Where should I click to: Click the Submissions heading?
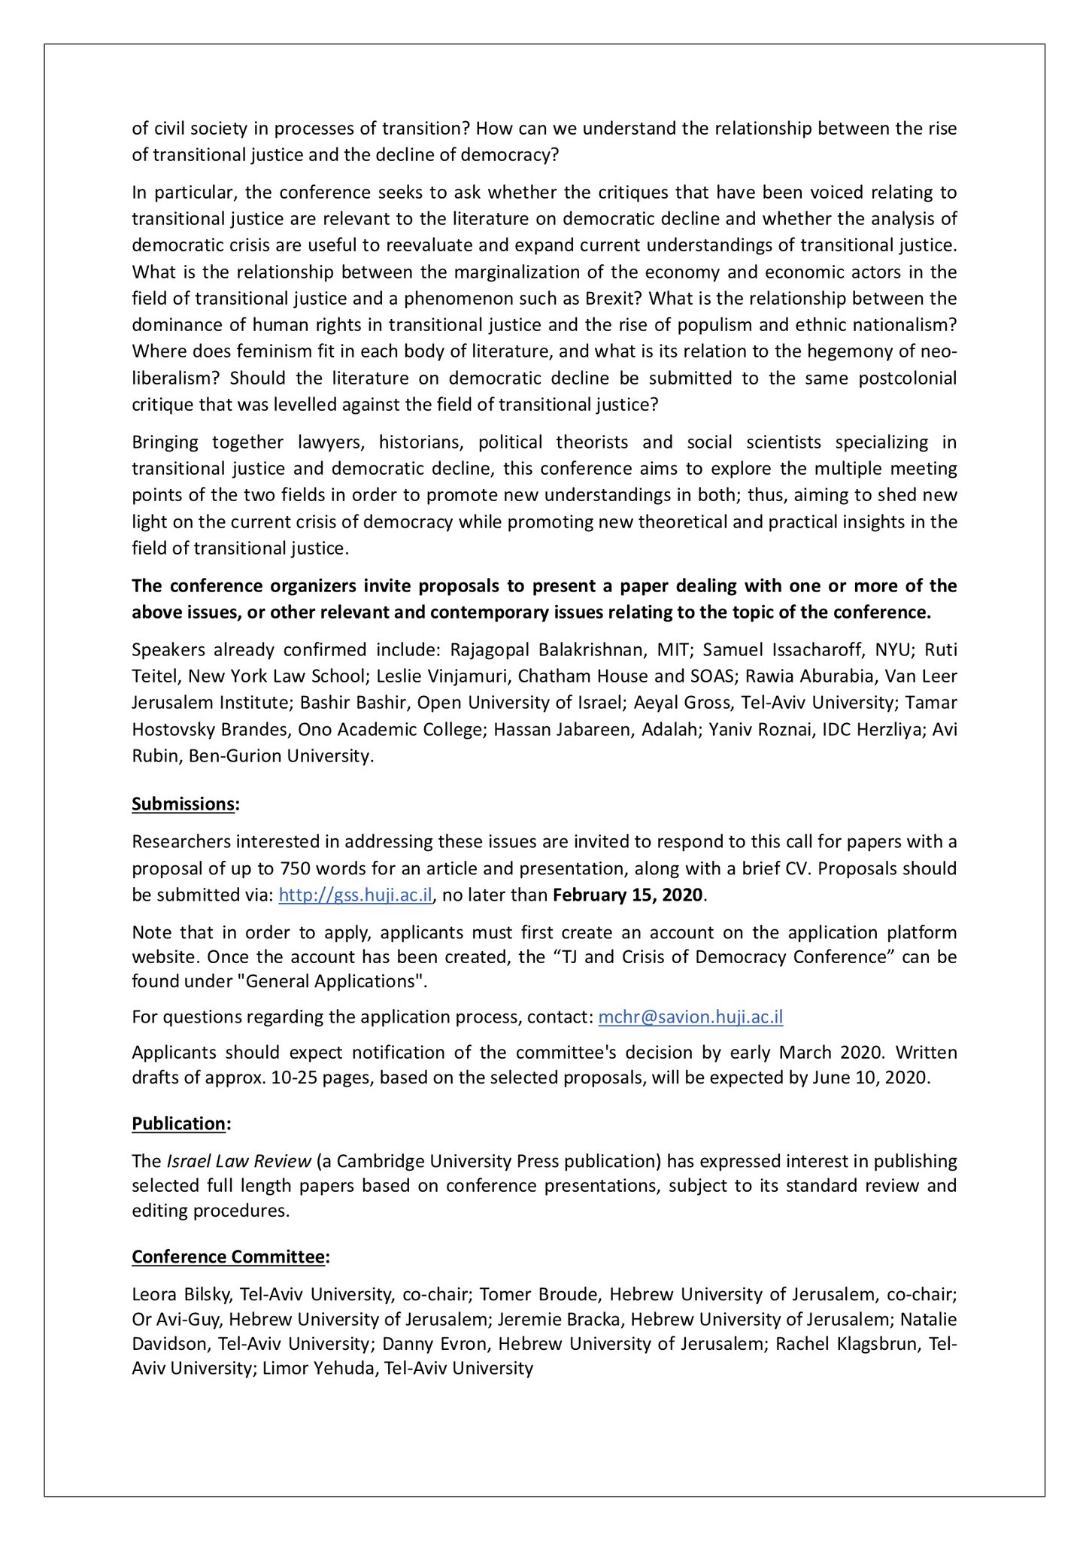pos(183,804)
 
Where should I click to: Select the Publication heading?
pos(179,1123)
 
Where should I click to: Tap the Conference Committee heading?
pos(229,1257)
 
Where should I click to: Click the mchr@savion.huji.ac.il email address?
pos(690,1017)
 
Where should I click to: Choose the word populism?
pos(743,325)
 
